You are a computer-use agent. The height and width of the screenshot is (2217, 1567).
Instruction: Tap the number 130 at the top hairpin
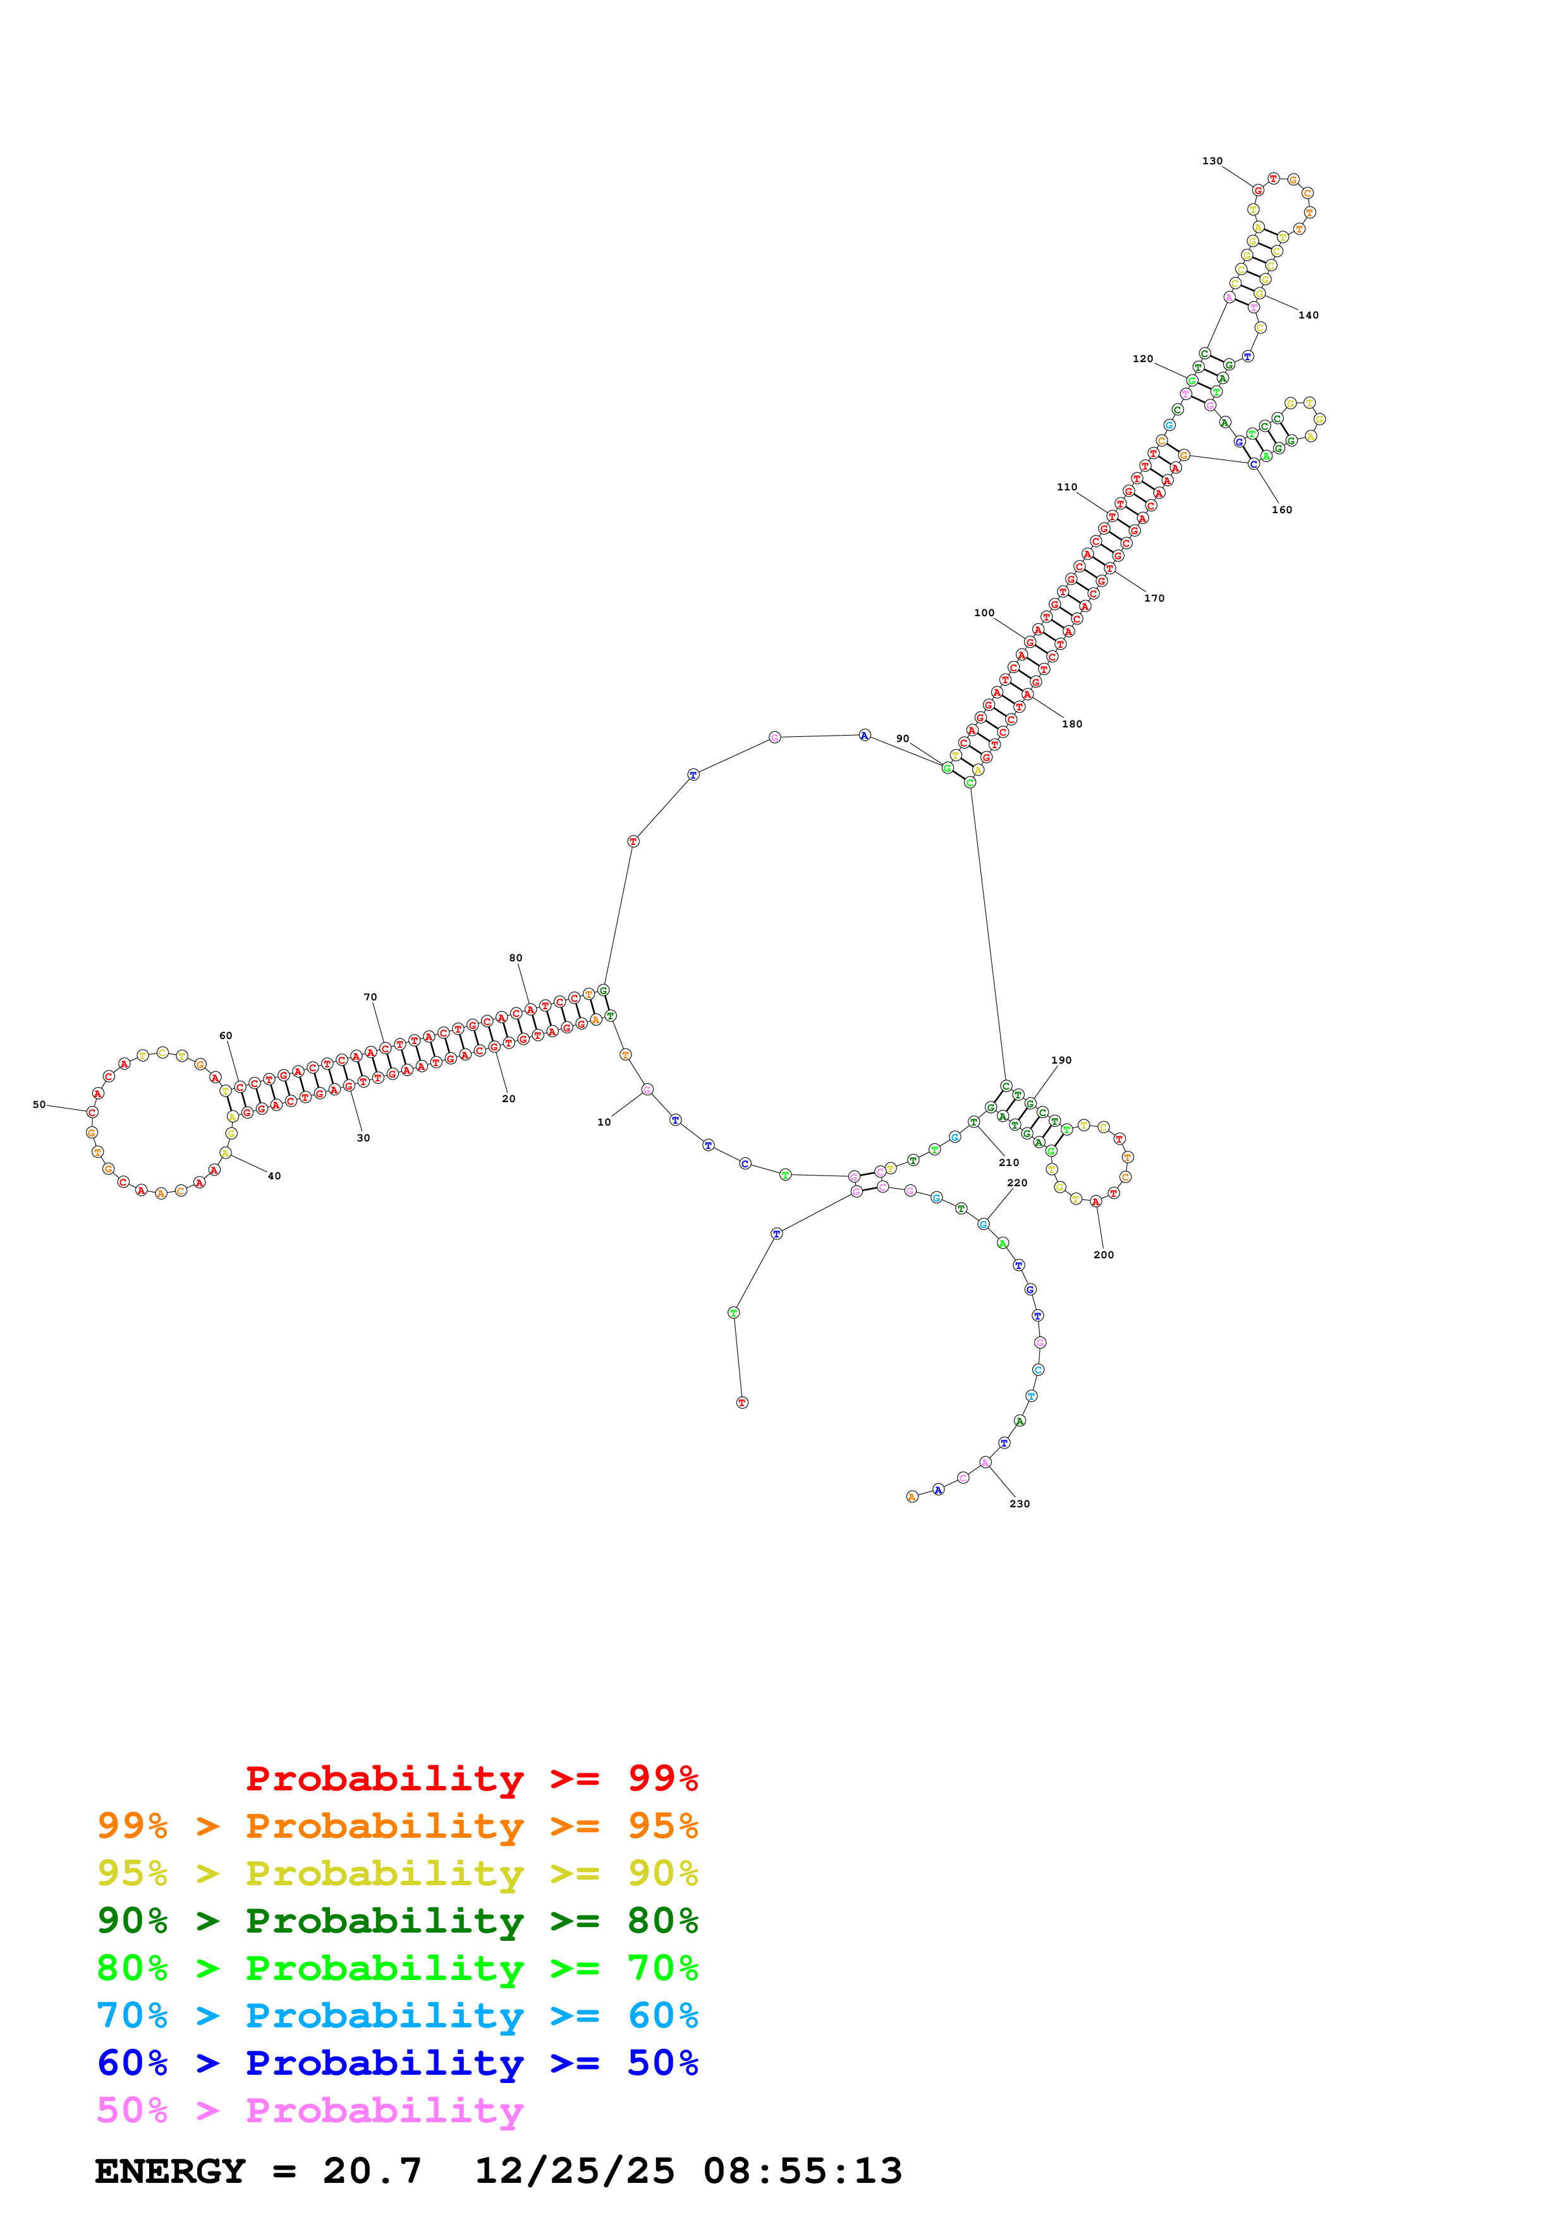[1212, 161]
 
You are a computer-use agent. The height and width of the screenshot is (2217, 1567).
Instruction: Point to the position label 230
[1020, 1503]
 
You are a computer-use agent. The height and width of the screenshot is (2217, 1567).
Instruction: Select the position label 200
[1104, 1255]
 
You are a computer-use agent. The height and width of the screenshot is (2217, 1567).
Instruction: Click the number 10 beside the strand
[604, 1122]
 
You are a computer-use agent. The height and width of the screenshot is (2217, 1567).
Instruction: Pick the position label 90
[902, 739]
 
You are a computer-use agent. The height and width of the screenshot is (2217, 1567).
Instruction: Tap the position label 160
[1281, 510]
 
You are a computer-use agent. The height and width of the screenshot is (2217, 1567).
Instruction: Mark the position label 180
[1071, 724]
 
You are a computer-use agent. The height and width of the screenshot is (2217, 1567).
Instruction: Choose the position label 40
[274, 1176]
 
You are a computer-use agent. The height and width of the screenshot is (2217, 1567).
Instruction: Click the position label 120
[1142, 359]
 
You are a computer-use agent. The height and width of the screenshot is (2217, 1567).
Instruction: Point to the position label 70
[370, 997]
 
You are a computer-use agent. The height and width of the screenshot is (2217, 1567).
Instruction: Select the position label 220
[1016, 1183]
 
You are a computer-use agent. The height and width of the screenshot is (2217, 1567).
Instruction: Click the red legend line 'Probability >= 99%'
[471, 1778]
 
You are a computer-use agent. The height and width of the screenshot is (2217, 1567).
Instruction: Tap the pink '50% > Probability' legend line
[310, 2111]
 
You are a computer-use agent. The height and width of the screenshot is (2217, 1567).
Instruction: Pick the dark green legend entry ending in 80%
[397, 1921]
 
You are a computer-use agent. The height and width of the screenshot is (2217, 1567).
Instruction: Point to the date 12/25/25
[575, 2171]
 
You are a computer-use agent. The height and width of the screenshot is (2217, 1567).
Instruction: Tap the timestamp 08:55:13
[802, 2171]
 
